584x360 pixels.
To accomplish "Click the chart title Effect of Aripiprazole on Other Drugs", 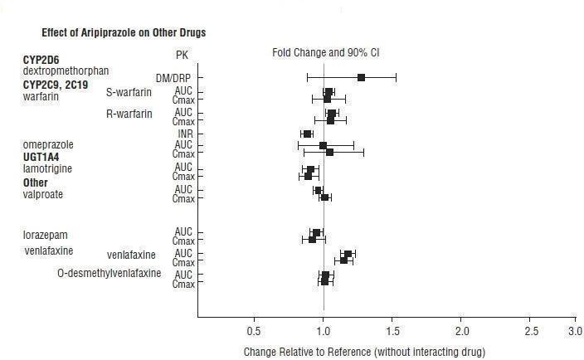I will pyautogui.click(x=124, y=33).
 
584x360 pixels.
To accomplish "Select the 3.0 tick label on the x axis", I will pyautogui.click(x=574, y=331).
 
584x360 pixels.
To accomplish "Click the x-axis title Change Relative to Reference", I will pyautogui.click(x=364, y=351).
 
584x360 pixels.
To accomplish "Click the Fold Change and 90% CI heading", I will pyautogui.click(x=326, y=53).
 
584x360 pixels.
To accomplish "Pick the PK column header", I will pyautogui.click(x=182, y=55).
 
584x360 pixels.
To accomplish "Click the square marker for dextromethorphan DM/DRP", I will pyautogui.click(x=361, y=78).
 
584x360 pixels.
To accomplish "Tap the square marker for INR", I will pyautogui.click(x=308, y=134).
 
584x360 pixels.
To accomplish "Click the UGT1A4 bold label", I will pyautogui.click(x=41, y=156).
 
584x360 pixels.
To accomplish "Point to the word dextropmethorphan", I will pyautogui.click(x=66, y=71).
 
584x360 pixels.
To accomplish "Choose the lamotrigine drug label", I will pyautogui.click(x=48, y=168).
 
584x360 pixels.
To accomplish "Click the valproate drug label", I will pyautogui.click(x=43, y=194).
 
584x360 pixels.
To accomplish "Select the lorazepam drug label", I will pyautogui.click(x=45, y=235).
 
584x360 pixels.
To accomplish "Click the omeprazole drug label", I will pyautogui.click(x=49, y=144).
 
